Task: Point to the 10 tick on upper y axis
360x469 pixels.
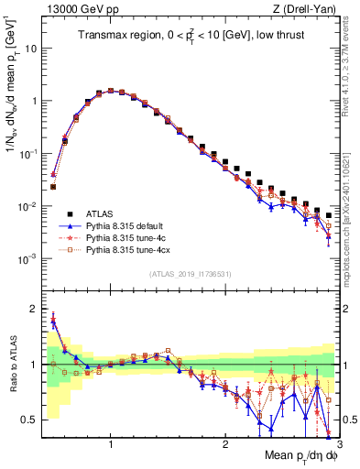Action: [31, 49]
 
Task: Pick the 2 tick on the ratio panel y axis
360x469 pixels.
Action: [33, 309]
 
